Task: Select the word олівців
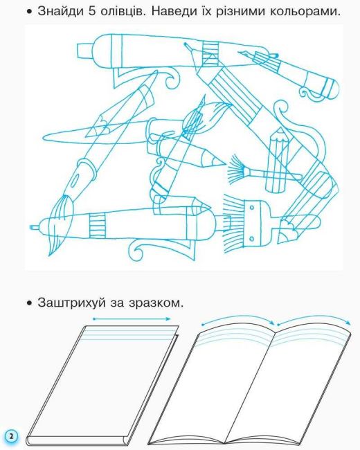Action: pyautogui.click(x=121, y=11)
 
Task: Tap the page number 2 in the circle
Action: pyautogui.click(x=11, y=437)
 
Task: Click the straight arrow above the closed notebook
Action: pyautogui.click(x=132, y=318)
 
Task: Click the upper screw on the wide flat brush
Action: pyautogui.click(x=251, y=207)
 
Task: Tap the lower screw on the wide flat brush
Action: pyautogui.click(x=252, y=238)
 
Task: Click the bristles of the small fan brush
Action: pyautogui.click(x=236, y=170)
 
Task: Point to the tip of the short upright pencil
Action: pyautogui.click(x=279, y=129)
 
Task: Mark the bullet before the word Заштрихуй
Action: pyautogui.click(x=29, y=304)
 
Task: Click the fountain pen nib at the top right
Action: pyautogui.click(x=247, y=55)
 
